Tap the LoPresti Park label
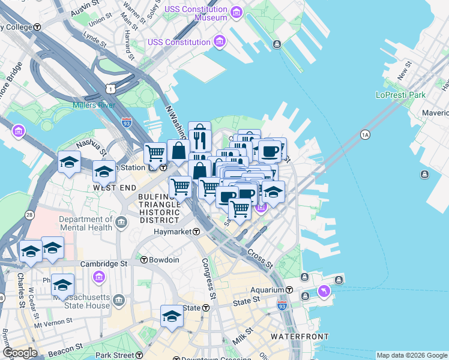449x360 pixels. click(x=400, y=95)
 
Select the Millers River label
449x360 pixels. click(x=93, y=106)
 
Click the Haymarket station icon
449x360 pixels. click(x=196, y=232)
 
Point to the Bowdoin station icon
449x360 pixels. click(x=144, y=260)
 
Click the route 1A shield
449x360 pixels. click(x=364, y=134)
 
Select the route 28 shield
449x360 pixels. click(x=29, y=215)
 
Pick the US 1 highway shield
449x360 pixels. click(x=110, y=89)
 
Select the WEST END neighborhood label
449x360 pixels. click(x=113, y=188)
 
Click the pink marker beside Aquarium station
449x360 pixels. click(x=325, y=290)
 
